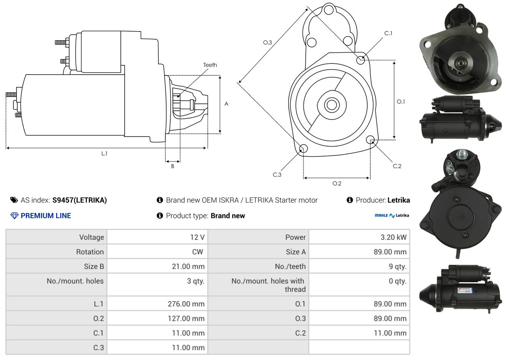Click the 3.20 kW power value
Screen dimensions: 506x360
393,237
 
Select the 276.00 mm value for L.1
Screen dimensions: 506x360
186,304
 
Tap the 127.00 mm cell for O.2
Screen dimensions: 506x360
186,318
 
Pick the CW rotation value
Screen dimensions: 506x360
197,252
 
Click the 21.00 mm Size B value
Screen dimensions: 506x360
188,266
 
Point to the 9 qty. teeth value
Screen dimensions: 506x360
397,267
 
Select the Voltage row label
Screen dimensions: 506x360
92,237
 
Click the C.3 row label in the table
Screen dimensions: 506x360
98,348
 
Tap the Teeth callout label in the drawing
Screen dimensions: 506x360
210,65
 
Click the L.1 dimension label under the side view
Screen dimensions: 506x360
104,153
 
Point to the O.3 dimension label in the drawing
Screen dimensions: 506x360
268,42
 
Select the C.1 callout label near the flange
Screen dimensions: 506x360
388,33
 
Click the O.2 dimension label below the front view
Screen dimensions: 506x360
337,183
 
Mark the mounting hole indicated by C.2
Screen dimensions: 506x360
370,140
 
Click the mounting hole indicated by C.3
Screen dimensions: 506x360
303,148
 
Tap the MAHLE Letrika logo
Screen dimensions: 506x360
392,215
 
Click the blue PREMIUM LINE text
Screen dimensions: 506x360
46,216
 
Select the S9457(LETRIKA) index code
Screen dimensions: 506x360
80,200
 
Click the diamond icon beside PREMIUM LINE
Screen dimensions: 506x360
15,216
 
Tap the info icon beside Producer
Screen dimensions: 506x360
350,200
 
